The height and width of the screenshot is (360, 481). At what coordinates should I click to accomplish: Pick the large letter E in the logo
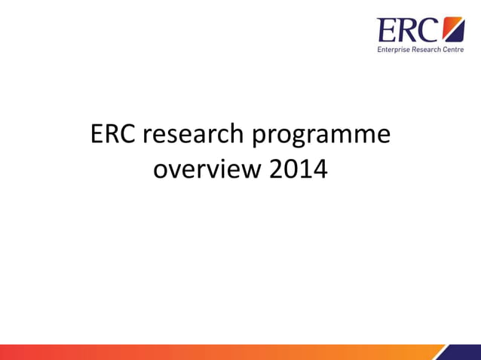click(388, 31)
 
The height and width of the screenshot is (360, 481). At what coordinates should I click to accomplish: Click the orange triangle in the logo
click(451, 27)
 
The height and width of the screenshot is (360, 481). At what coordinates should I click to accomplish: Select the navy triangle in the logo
click(458, 35)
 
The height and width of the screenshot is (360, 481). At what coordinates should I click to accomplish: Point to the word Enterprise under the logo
click(394, 50)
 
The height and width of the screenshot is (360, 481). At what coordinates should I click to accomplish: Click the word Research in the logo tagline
click(428, 50)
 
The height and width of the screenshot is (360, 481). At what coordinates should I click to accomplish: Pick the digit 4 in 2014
click(320, 170)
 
